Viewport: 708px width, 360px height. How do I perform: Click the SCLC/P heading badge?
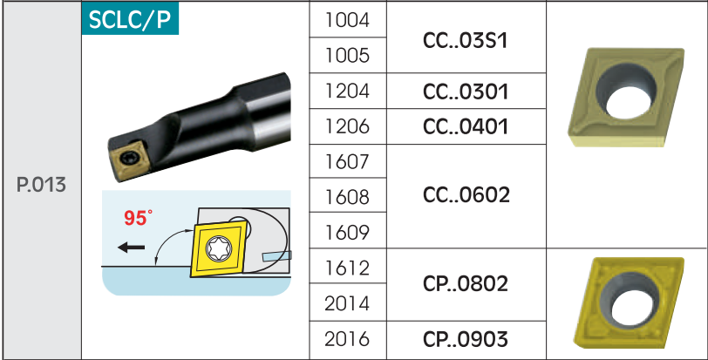pos(130,18)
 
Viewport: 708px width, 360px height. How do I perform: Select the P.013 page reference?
pos(41,185)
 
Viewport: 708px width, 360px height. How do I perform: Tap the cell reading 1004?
pos(347,20)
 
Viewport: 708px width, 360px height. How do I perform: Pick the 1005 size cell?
pos(347,56)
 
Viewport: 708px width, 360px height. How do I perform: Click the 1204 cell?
pos(347,92)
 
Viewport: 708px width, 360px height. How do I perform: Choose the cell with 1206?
pos(347,126)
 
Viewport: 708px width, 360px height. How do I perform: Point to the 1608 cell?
pos(347,197)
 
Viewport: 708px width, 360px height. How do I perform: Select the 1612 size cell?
pos(347,268)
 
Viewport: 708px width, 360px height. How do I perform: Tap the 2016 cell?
pos(347,339)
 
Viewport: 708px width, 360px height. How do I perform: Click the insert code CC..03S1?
pos(466,41)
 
